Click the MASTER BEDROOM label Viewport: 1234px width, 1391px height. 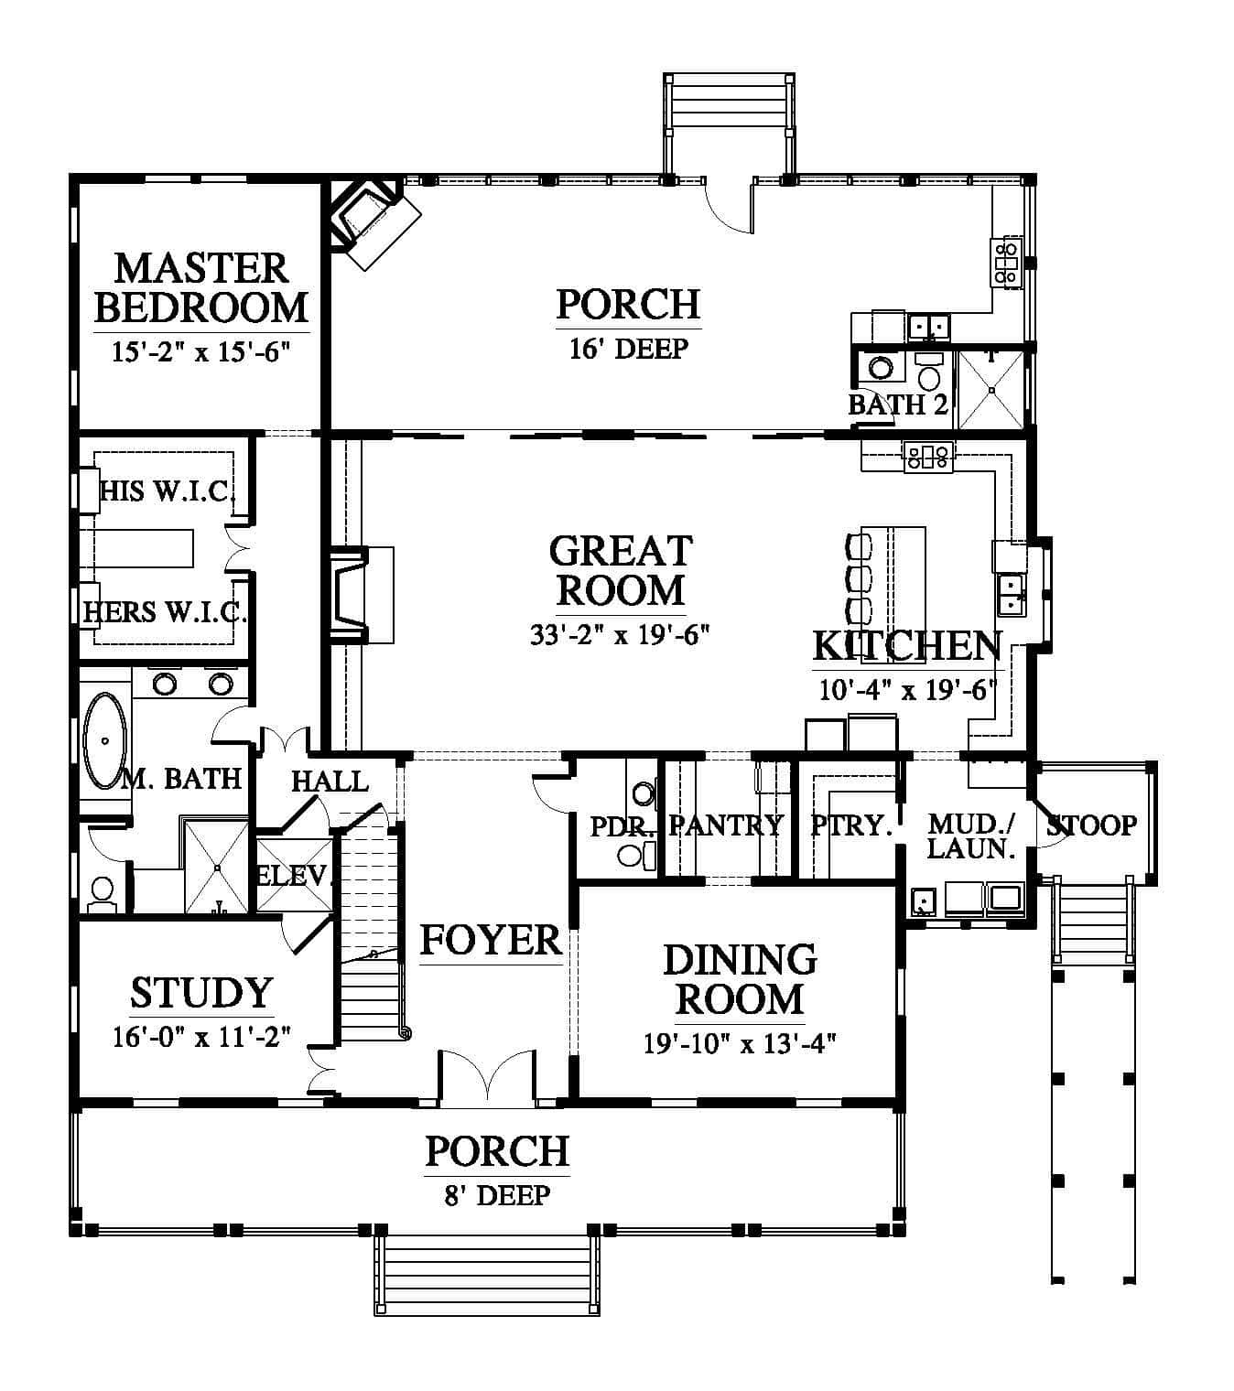(200, 287)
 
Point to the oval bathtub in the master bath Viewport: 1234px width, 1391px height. (105, 741)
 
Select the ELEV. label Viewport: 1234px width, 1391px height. (292, 876)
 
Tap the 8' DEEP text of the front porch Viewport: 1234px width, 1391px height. (497, 1195)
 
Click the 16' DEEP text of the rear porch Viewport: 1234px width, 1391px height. (628, 348)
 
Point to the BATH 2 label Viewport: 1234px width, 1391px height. (898, 404)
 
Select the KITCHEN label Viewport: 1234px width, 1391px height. (907, 645)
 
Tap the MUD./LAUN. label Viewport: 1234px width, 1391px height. (971, 836)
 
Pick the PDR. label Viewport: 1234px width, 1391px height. (622, 826)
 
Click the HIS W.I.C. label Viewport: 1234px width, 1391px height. (167, 491)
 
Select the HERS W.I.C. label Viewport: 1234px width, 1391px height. (164, 611)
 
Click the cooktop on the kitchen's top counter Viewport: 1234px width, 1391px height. (928, 457)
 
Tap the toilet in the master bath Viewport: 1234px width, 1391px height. (103, 894)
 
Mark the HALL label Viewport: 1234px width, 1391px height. (330, 781)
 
